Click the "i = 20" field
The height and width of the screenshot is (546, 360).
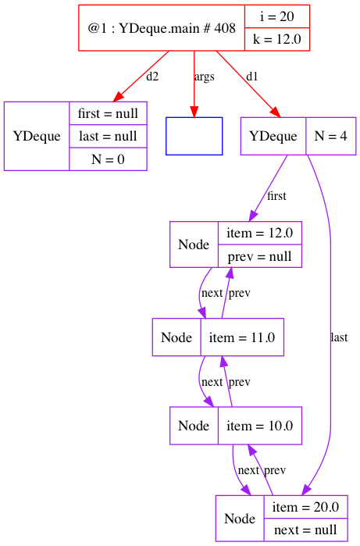point(277,16)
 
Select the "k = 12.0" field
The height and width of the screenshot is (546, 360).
point(277,39)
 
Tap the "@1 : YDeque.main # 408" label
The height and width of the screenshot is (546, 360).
point(162,28)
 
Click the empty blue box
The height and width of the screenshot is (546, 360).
point(194,136)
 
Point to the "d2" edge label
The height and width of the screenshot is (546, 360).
point(152,77)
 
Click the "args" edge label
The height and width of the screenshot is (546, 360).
point(204,77)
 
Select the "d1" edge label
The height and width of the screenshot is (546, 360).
point(251,77)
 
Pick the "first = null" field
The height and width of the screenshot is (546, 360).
point(108,113)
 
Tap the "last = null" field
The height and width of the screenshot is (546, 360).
point(108,136)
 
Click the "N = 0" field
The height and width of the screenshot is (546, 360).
point(108,159)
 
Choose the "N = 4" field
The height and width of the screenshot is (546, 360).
point(331,136)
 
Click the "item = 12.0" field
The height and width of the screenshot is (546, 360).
point(260,233)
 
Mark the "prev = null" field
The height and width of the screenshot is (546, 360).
point(260,256)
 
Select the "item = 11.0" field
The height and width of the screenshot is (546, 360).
point(242,337)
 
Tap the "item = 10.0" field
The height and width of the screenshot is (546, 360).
point(260,426)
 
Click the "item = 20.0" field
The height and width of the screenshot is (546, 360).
point(305,507)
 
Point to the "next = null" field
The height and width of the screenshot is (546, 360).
point(305,530)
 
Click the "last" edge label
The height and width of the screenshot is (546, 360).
point(339,337)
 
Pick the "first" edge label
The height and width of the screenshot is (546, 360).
point(276,196)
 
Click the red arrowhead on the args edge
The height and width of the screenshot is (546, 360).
point(194,112)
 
